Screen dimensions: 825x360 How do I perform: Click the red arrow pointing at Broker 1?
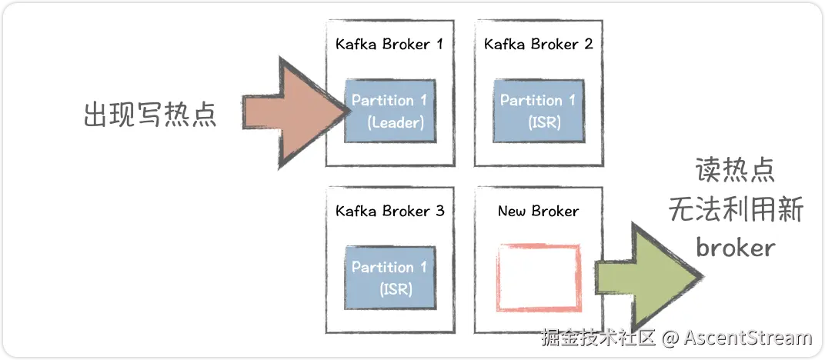pyautogui.click(x=295, y=112)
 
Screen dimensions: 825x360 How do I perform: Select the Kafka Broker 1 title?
pyautogui.click(x=389, y=44)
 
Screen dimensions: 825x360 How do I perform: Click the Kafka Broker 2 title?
pyautogui.click(x=538, y=44)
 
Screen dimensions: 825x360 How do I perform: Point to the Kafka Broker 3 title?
pyautogui.click(x=390, y=212)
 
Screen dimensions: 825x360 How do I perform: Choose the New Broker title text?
pyautogui.click(x=538, y=212)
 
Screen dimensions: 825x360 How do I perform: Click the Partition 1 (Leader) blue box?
pyautogui.click(x=390, y=111)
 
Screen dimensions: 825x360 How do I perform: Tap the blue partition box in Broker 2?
pyautogui.click(x=539, y=111)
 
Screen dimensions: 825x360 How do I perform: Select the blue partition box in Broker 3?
pyautogui.click(x=390, y=278)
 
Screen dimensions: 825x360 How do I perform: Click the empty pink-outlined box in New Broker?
pyautogui.click(x=499, y=278)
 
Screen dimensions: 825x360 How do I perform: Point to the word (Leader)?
pyautogui.click(x=396, y=123)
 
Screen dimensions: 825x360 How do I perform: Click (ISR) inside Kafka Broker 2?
pyautogui.click(x=545, y=123)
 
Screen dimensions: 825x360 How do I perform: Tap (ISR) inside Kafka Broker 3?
pyautogui.click(x=396, y=289)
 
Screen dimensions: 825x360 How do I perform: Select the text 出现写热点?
pyautogui.click(x=150, y=114)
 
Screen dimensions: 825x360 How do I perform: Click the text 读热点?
pyautogui.click(x=736, y=169)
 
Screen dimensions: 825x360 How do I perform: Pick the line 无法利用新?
pyautogui.click(x=736, y=209)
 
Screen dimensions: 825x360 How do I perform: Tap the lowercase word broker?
pyautogui.click(x=736, y=246)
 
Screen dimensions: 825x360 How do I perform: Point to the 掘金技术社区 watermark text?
pyautogui.click(x=598, y=338)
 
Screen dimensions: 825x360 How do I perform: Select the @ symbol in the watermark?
pyautogui.click(x=670, y=338)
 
